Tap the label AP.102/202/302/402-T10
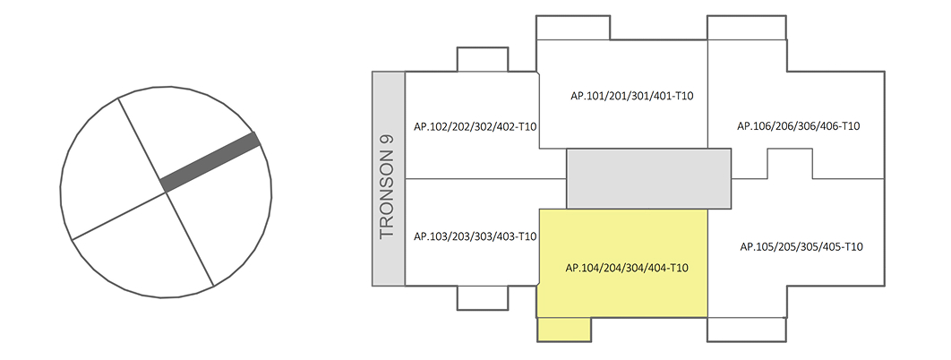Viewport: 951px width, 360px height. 475,126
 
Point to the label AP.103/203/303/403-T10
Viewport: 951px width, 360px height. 475,236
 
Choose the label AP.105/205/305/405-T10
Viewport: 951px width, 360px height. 799,246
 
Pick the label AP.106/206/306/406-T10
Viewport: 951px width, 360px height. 799,126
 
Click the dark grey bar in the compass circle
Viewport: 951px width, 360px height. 211,161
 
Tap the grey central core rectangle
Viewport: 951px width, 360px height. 649,177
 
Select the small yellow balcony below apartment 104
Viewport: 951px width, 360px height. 564,329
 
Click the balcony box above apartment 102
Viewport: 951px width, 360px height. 484,59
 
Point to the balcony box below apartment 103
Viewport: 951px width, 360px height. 484,297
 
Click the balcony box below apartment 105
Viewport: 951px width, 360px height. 747,329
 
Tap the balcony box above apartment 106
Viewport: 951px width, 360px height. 747,28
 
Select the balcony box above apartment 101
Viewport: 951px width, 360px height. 573,28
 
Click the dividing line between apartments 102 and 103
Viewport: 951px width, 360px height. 472,179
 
